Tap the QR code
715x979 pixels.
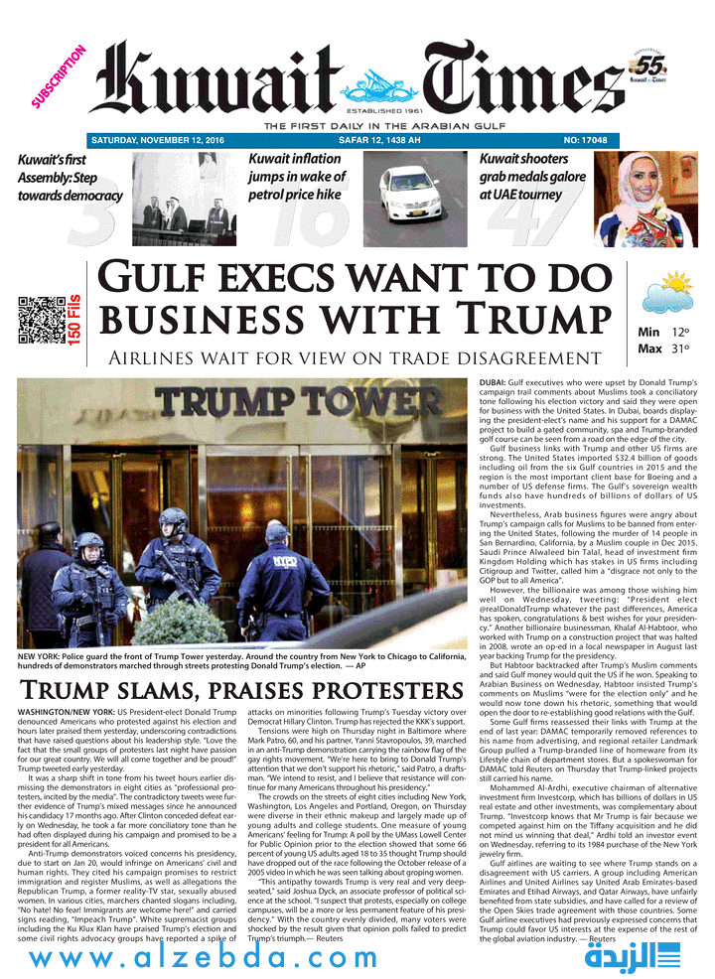pyautogui.click(x=42, y=320)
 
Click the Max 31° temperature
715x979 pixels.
pyautogui.click(x=663, y=349)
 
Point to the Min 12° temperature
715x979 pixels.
pyautogui.click(x=663, y=332)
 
